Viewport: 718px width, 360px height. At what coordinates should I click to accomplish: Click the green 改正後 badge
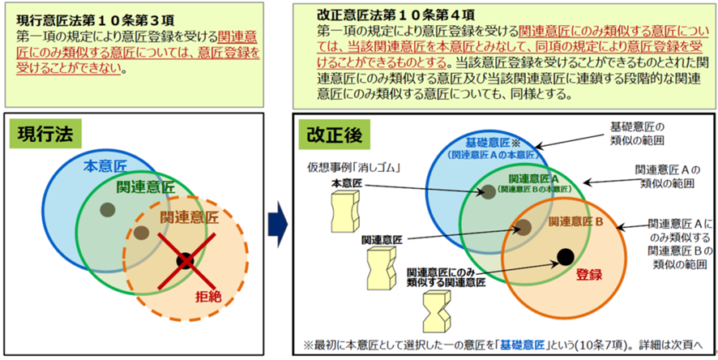334,135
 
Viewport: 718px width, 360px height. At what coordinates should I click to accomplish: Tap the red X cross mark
186,261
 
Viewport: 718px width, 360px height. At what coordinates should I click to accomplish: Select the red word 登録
588,275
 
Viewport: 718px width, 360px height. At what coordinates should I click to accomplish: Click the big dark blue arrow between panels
277,225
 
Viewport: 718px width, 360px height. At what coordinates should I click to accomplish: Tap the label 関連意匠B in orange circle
576,222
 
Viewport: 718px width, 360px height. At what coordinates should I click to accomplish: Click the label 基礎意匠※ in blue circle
491,142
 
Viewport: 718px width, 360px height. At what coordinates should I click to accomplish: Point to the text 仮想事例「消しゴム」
354,168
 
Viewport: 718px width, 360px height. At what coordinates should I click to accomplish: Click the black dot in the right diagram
566,256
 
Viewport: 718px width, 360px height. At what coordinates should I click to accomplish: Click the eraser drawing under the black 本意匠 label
344,211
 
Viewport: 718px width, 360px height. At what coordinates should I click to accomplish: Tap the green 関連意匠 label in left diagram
145,186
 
